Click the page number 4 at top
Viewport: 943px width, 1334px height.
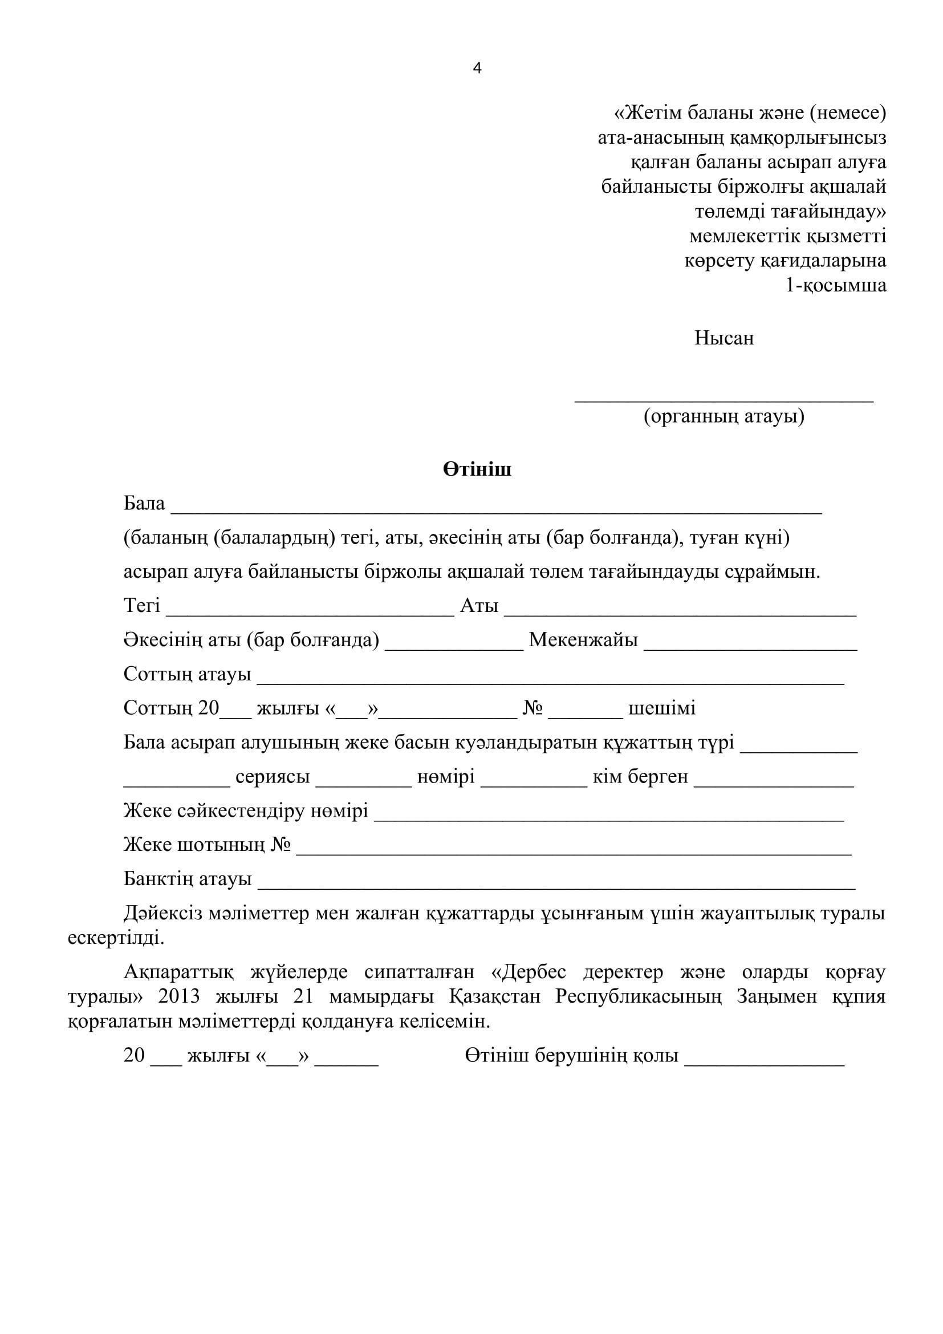(x=477, y=68)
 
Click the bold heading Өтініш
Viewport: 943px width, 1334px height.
(x=477, y=469)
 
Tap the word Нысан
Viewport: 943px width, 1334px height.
(x=724, y=338)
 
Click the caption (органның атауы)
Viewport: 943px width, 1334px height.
(x=724, y=416)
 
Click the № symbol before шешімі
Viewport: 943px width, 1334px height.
(x=533, y=708)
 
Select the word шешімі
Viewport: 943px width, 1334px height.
(x=662, y=708)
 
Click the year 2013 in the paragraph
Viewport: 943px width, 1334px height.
(x=179, y=996)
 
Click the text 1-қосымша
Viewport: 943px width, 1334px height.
(x=836, y=285)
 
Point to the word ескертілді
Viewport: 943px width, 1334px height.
(x=116, y=938)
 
